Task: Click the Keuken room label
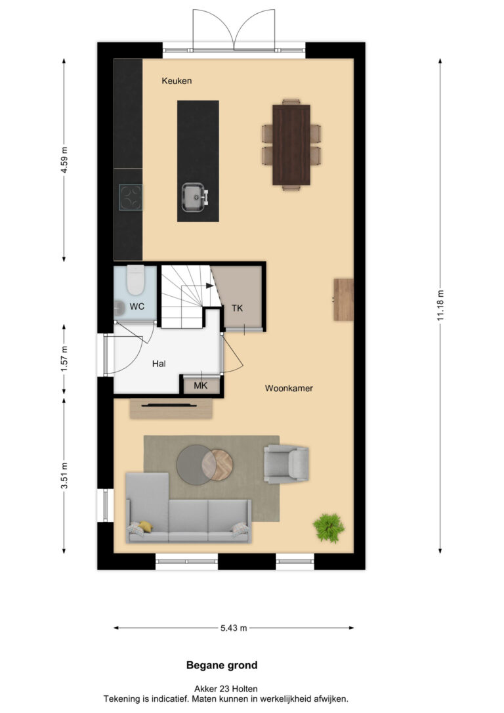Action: point(177,81)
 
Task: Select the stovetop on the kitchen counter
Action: point(131,198)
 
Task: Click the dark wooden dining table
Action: point(291,145)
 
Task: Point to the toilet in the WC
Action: point(135,280)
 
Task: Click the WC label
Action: point(136,307)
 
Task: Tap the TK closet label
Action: point(237,309)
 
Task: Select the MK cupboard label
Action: point(200,385)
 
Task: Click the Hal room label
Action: point(159,364)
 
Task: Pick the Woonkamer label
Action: point(289,388)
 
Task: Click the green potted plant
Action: point(329,527)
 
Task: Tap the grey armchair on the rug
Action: point(287,464)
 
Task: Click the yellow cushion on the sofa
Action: point(146,527)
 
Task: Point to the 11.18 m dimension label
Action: point(440,305)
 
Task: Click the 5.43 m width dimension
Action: point(234,628)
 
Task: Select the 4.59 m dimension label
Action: point(64,159)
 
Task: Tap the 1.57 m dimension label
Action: point(64,358)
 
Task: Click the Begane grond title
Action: point(222,665)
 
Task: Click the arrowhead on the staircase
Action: point(210,286)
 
